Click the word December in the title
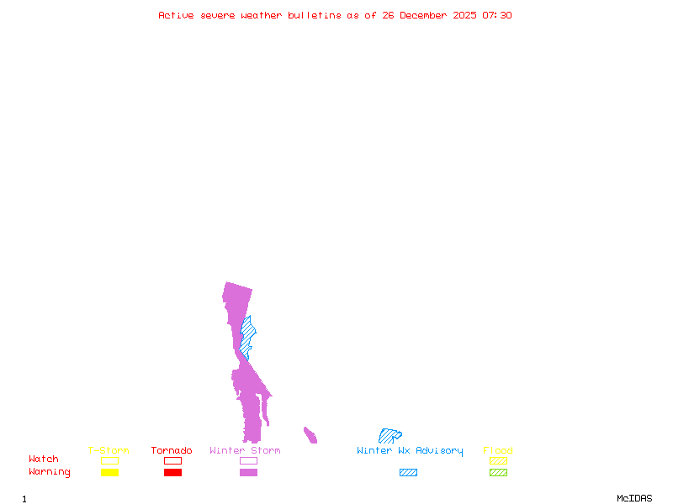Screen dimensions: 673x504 tap(423, 15)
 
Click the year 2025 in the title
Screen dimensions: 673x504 tap(464, 15)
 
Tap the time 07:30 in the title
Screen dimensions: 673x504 tap(497, 15)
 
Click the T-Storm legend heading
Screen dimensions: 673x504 tap(109, 450)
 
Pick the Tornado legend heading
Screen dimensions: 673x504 tap(172, 450)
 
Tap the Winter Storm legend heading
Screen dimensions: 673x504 tap(245, 450)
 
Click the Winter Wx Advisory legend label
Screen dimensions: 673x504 tap(410, 451)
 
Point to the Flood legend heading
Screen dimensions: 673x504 tap(498, 450)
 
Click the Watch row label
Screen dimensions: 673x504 tap(44, 459)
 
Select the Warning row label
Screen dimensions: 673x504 tap(50, 472)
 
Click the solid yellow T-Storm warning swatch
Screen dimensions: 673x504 tap(110, 472)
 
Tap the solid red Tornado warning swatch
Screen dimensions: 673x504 tap(173, 472)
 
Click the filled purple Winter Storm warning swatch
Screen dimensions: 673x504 tap(248, 472)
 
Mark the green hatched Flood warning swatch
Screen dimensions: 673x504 tap(498, 472)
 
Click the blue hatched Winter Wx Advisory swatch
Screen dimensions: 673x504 tap(408, 472)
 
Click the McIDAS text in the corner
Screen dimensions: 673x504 tap(634, 498)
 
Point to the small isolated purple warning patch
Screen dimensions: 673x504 tap(310, 435)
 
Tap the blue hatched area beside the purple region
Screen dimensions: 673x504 tap(246, 338)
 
